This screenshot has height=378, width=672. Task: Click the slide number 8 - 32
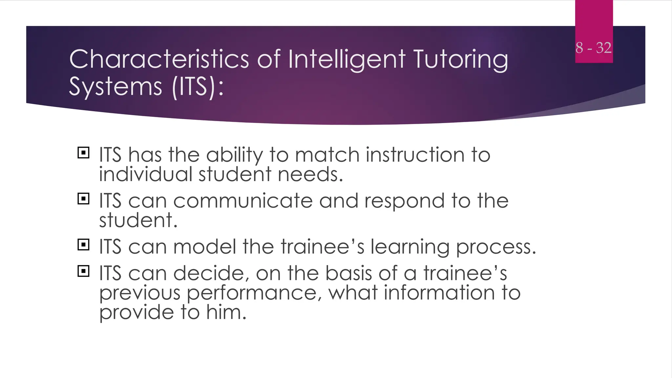click(x=593, y=48)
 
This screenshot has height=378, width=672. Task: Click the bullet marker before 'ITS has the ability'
click(x=83, y=153)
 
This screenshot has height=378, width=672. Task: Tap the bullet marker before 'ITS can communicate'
click(x=83, y=199)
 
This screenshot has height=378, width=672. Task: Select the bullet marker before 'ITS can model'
click(x=83, y=245)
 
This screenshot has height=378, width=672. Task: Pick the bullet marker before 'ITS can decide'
click(x=83, y=271)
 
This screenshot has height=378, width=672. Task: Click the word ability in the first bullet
click(x=235, y=155)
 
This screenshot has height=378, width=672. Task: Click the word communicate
click(x=243, y=201)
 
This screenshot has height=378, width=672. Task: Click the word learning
click(x=410, y=247)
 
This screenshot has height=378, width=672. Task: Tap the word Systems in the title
click(x=115, y=87)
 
